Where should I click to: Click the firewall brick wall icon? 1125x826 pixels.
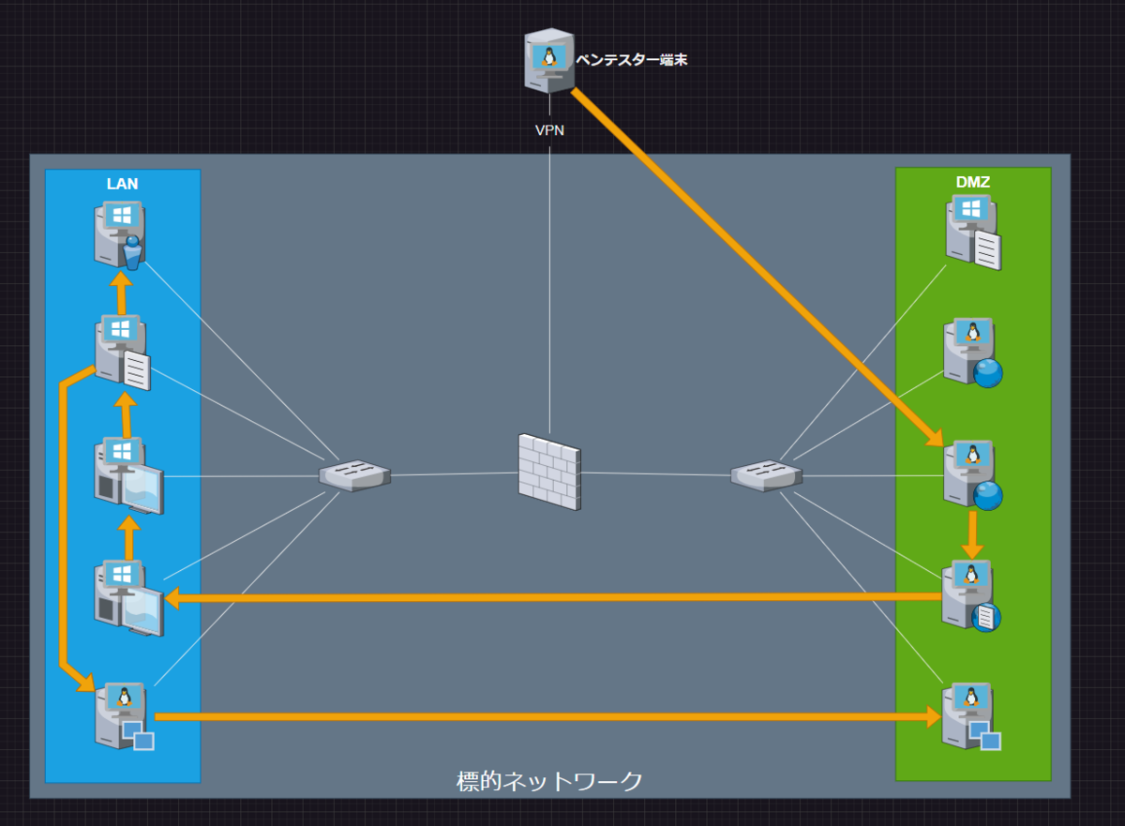click(x=549, y=472)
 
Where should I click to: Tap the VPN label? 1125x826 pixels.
click(x=549, y=130)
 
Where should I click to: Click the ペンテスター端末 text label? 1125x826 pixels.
click(x=631, y=60)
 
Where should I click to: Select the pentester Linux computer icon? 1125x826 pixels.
click(x=549, y=61)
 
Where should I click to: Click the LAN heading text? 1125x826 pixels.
click(x=122, y=184)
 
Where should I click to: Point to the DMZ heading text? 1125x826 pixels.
click(x=973, y=182)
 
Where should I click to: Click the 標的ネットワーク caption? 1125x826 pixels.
click(x=549, y=781)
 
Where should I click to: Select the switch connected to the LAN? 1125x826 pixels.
click(x=354, y=475)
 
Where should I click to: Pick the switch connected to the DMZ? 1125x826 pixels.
click(x=766, y=475)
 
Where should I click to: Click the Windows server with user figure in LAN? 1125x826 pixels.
click(x=120, y=234)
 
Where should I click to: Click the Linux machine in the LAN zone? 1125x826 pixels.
click(x=124, y=715)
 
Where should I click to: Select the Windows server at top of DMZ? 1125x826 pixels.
click(x=973, y=232)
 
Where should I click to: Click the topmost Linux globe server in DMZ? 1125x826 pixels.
click(x=973, y=353)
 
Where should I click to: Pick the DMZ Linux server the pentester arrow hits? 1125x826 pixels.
click(x=973, y=475)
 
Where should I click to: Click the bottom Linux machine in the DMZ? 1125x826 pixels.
click(x=971, y=716)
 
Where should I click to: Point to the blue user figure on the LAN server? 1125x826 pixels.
click(x=132, y=252)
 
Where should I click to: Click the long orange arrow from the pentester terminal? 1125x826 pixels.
click(x=757, y=267)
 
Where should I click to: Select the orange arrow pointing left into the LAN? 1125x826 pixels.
click(x=553, y=598)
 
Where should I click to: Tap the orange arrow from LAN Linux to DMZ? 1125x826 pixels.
click(x=547, y=716)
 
